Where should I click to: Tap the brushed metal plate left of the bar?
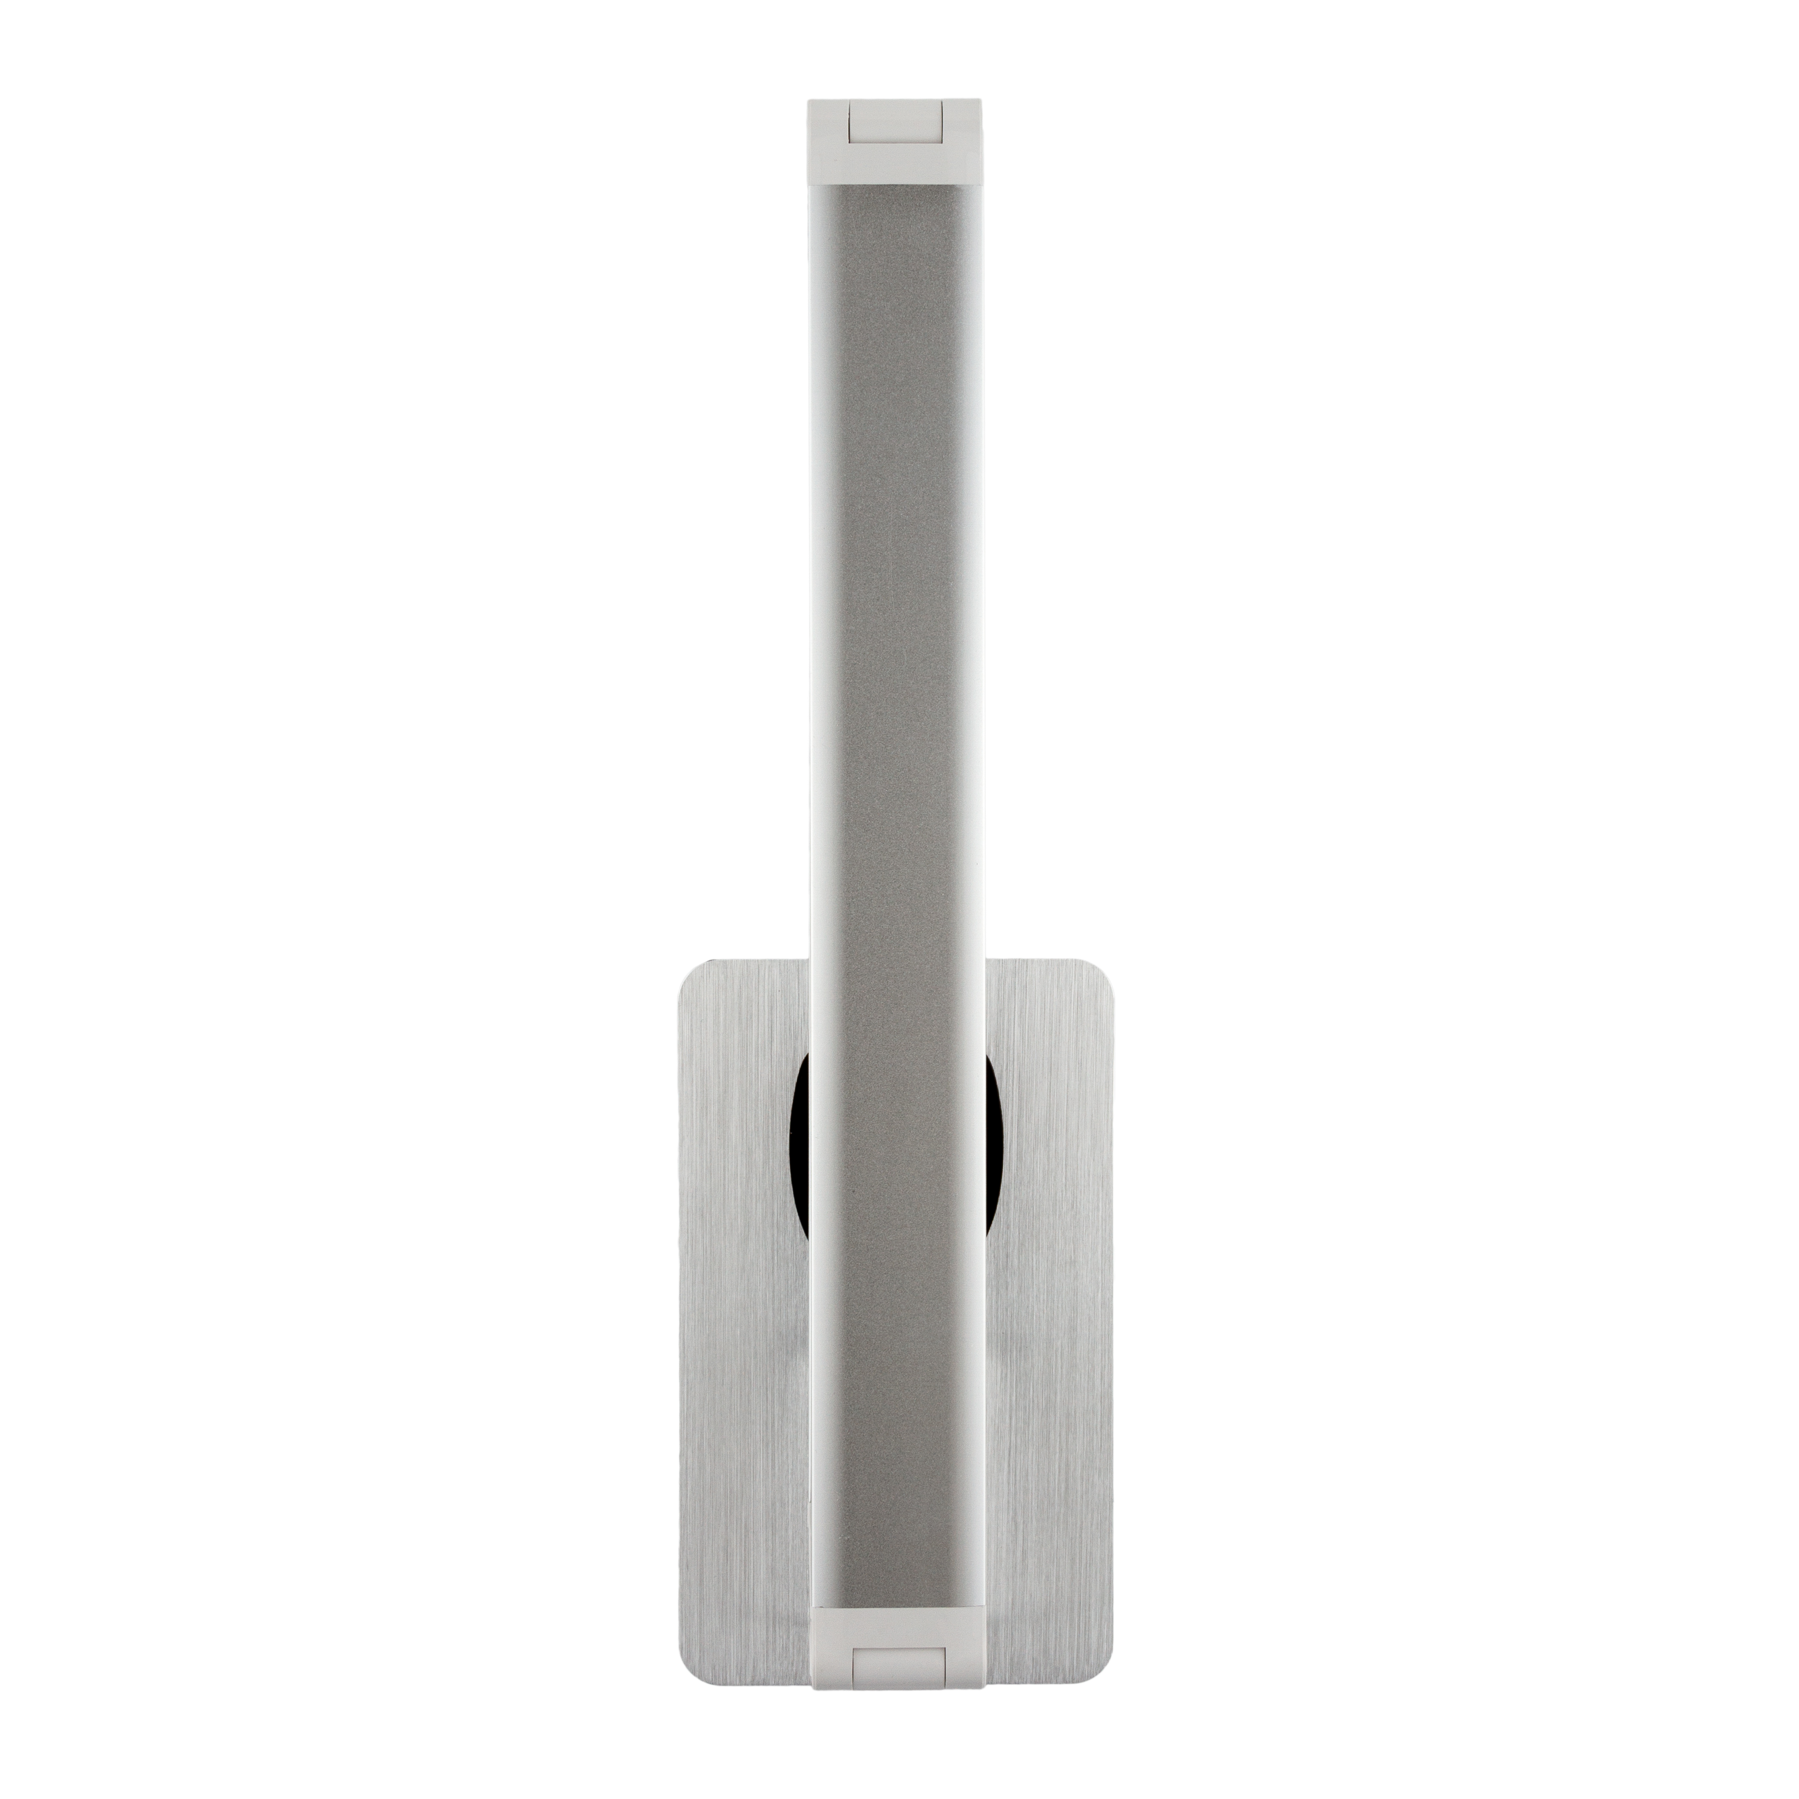736,1350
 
